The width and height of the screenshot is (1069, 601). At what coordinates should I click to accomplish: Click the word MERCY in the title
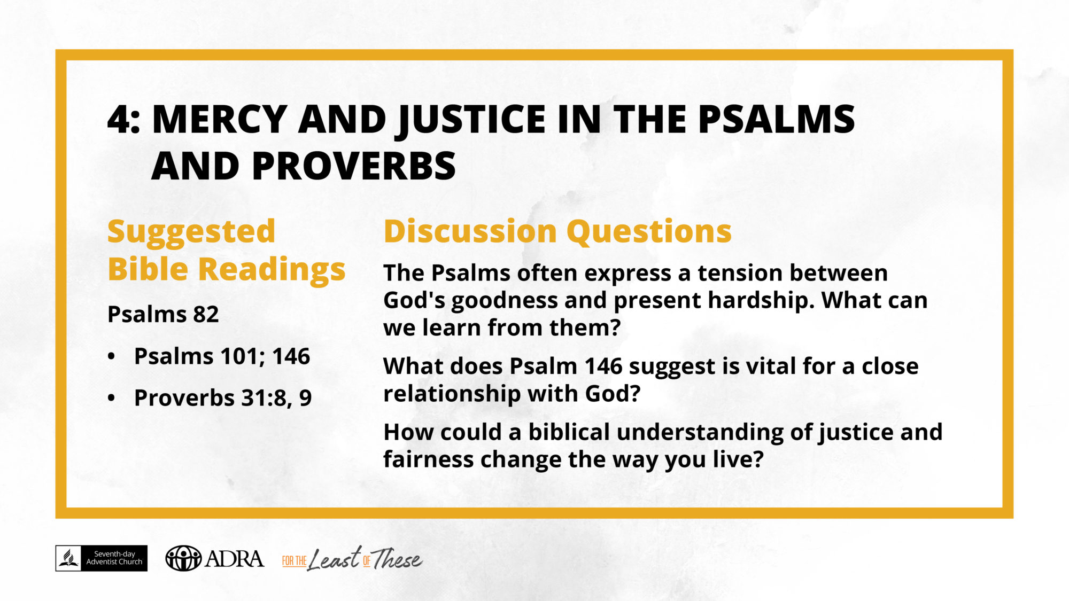click(220, 119)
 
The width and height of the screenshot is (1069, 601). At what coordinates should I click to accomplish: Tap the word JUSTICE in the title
click(471, 120)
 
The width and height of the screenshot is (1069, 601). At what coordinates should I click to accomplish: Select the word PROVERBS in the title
click(354, 166)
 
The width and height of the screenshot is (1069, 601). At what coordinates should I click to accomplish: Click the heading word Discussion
click(470, 231)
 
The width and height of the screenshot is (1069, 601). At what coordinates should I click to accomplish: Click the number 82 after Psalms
click(206, 314)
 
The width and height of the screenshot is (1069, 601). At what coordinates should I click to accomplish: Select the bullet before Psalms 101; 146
click(111, 357)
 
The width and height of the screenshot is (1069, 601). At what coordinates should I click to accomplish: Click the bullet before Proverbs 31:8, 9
click(111, 398)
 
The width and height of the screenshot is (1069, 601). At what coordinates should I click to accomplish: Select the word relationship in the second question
click(452, 394)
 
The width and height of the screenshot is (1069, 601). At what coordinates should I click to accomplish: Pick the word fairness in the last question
click(428, 459)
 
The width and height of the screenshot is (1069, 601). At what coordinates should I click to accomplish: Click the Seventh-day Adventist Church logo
click(102, 558)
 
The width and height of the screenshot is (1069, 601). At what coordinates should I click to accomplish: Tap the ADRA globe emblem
click(183, 559)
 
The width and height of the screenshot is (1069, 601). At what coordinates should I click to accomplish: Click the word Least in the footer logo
click(335, 559)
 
